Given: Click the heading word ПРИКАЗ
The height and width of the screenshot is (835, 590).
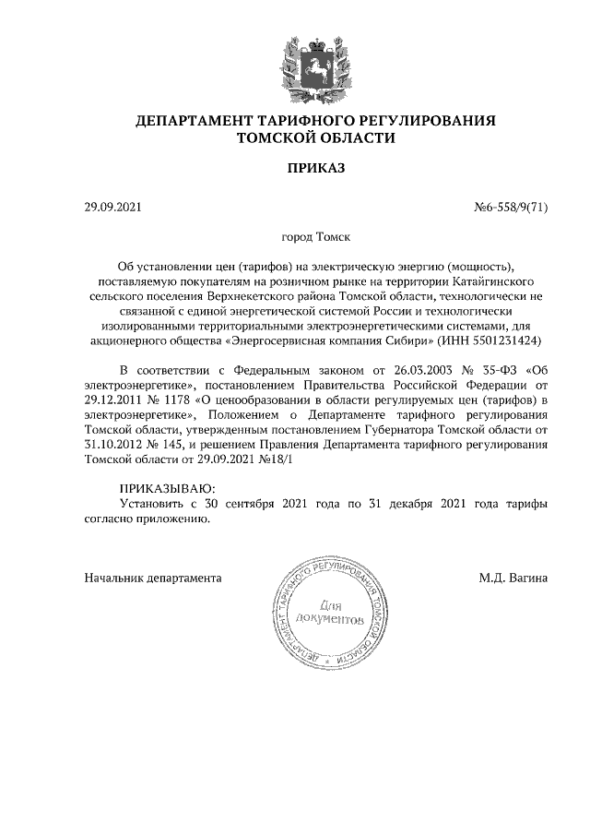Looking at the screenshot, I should click(x=315, y=169).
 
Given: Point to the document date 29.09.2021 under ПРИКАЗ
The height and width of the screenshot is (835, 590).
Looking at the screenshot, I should click(x=112, y=208).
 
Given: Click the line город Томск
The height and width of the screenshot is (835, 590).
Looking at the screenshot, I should click(x=315, y=237).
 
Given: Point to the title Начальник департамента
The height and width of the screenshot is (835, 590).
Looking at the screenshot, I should click(x=152, y=579).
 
